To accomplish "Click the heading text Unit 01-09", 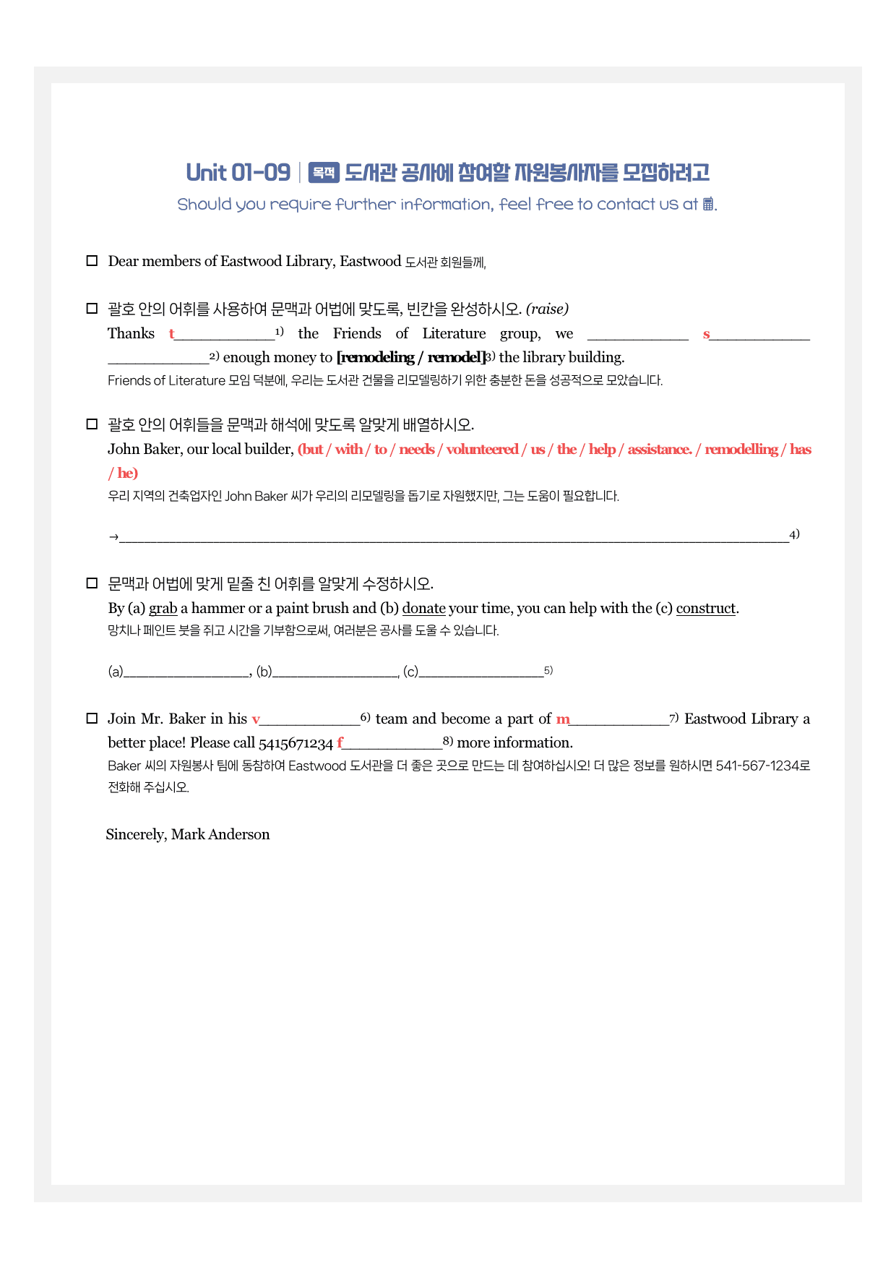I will click(x=238, y=173).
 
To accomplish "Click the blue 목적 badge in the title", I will click(x=324, y=173).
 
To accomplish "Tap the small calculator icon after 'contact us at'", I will click(x=708, y=204).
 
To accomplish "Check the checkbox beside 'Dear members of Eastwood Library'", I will click(x=92, y=261).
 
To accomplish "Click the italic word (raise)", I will click(x=547, y=309).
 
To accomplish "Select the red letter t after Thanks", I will click(x=172, y=334).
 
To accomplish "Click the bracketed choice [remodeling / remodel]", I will click(x=411, y=357).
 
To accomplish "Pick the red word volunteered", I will click(x=482, y=450).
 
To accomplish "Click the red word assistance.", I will click(x=659, y=450).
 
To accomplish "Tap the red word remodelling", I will click(x=741, y=450).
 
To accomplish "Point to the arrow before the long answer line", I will click(x=113, y=537).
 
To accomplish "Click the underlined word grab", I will click(x=163, y=609).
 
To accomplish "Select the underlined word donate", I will click(x=423, y=609).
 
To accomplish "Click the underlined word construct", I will click(x=705, y=609).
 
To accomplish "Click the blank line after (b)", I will click(x=336, y=673).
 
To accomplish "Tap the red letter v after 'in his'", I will click(x=256, y=719).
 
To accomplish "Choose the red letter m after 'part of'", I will click(x=563, y=719).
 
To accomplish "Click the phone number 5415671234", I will click(x=296, y=743).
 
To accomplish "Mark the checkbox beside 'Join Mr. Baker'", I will click(x=92, y=719).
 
